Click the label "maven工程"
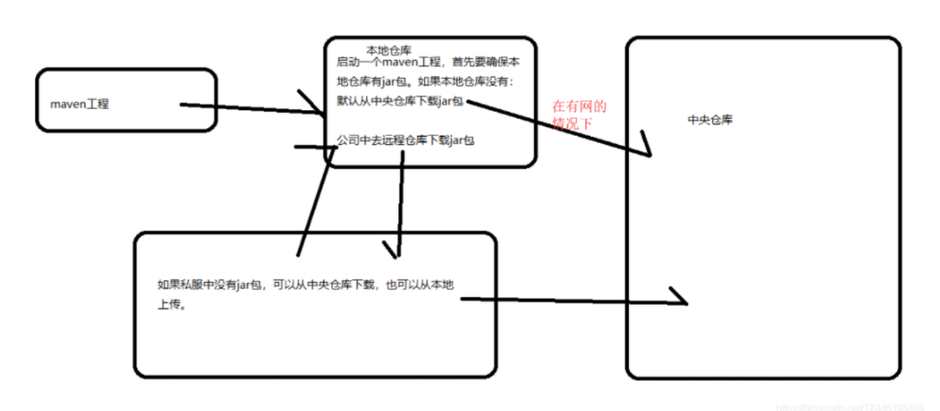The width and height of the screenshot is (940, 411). coord(80,103)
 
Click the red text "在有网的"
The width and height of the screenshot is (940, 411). coord(579,107)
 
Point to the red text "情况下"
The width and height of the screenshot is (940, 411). coord(571,123)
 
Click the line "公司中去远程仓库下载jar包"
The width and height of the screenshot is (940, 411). coord(405,140)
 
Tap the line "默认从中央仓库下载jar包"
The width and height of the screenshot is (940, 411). coord(401,102)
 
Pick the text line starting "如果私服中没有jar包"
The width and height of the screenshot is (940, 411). coord(313,285)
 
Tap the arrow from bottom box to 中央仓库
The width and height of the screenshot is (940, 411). coord(569,301)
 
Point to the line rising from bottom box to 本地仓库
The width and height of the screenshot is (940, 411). coord(313,204)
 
